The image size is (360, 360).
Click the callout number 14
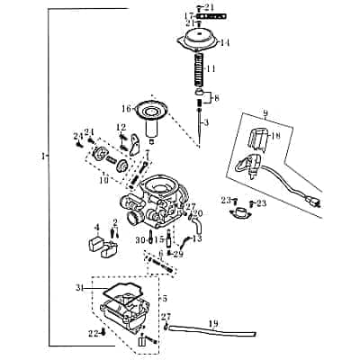point(225,42)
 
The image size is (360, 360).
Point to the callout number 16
point(127,108)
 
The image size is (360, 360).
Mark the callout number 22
point(92,333)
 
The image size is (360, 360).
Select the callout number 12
point(121,127)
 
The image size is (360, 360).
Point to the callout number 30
point(140,240)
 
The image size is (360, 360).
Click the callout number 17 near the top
point(189,16)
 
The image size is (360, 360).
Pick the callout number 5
point(163,298)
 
